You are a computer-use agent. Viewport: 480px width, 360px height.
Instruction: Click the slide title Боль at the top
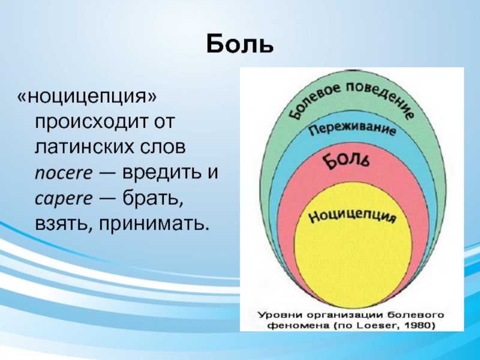[x=239, y=44]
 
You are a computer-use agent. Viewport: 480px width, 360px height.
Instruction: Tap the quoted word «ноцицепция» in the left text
[x=87, y=97]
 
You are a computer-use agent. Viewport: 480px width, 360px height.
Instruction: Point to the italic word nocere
[x=64, y=173]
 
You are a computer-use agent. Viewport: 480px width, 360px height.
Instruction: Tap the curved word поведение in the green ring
[x=382, y=98]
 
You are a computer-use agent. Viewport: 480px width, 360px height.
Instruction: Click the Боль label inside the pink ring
[x=347, y=161]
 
